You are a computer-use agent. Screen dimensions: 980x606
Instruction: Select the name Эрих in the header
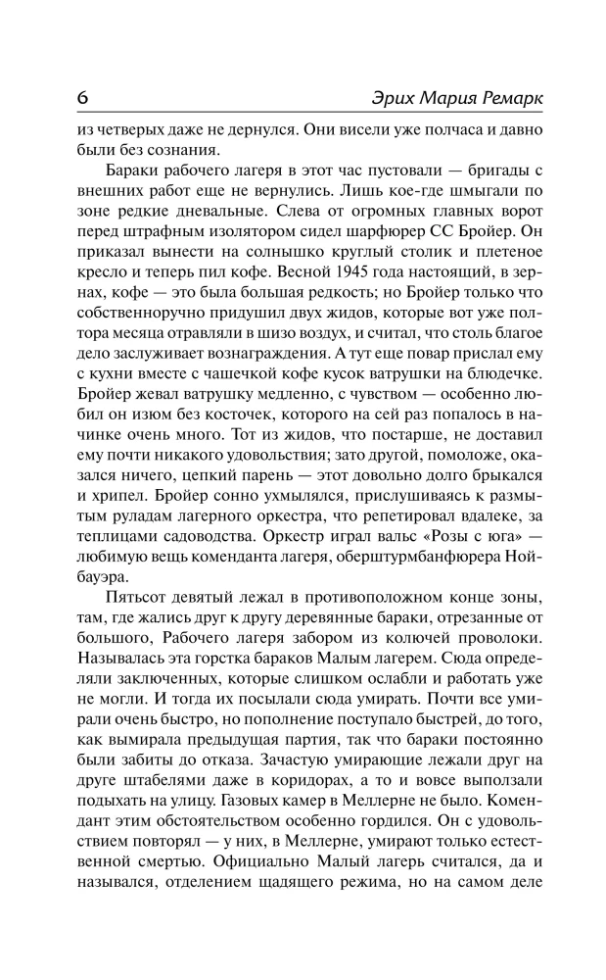370,100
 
